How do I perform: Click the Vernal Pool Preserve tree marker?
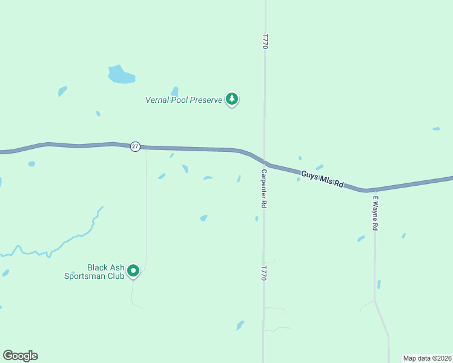231,99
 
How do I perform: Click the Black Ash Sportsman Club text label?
105,272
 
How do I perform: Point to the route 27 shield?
135,146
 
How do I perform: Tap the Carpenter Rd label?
264,189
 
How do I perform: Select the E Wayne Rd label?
375,212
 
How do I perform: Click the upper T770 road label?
265,41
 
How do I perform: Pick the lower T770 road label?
264,273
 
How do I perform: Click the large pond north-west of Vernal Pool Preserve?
121,74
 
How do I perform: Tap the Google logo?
20,356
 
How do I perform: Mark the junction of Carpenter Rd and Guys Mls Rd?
264,162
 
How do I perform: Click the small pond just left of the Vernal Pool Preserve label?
174,91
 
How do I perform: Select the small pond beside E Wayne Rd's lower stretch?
379,284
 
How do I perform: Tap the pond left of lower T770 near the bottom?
240,325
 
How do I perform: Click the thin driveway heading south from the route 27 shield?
146,206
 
